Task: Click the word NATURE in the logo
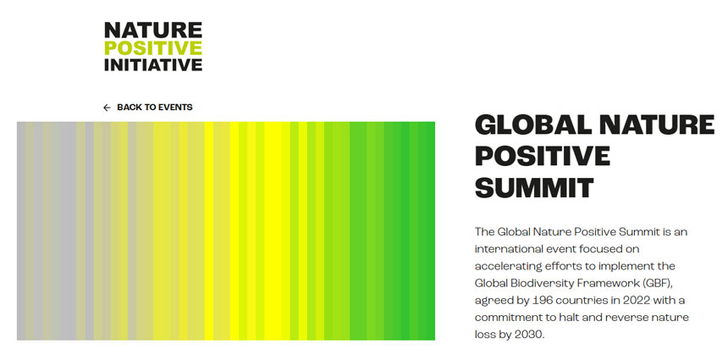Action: point(153,30)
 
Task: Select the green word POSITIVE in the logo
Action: point(153,47)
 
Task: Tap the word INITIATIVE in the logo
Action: point(153,64)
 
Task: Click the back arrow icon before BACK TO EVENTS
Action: point(107,108)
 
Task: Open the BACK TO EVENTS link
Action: point(155,108)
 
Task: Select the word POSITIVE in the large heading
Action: point(543,157)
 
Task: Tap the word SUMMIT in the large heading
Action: point(534,187)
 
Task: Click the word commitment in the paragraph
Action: point(511,317)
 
